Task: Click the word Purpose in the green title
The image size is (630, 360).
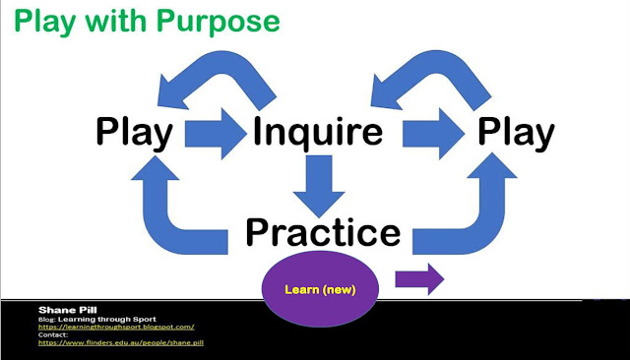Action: (x=219, y=23)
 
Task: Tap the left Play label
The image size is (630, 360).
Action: (x=134, y=133)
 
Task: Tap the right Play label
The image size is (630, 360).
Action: (x=516, y=133)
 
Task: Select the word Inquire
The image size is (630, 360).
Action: (x=318, y=132)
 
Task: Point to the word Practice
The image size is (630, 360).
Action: (x=323, y=232)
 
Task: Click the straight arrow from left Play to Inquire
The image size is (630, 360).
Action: (x=216, y=133)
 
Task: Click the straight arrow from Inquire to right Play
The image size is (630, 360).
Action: (x=433, y=133)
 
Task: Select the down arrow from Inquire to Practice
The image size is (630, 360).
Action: (x=319, y=186)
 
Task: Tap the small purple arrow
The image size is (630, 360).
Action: (x=419, y=279)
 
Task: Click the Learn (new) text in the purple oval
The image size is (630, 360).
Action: (x=320, y=289)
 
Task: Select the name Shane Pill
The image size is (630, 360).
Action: (x=68, y=310)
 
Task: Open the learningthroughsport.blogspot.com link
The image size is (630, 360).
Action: (x=116, y=328)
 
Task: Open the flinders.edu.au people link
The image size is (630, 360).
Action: (x=121, y=342)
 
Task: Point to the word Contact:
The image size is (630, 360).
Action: (x=53, y=334)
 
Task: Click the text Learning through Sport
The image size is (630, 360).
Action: (x=107, y=320)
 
